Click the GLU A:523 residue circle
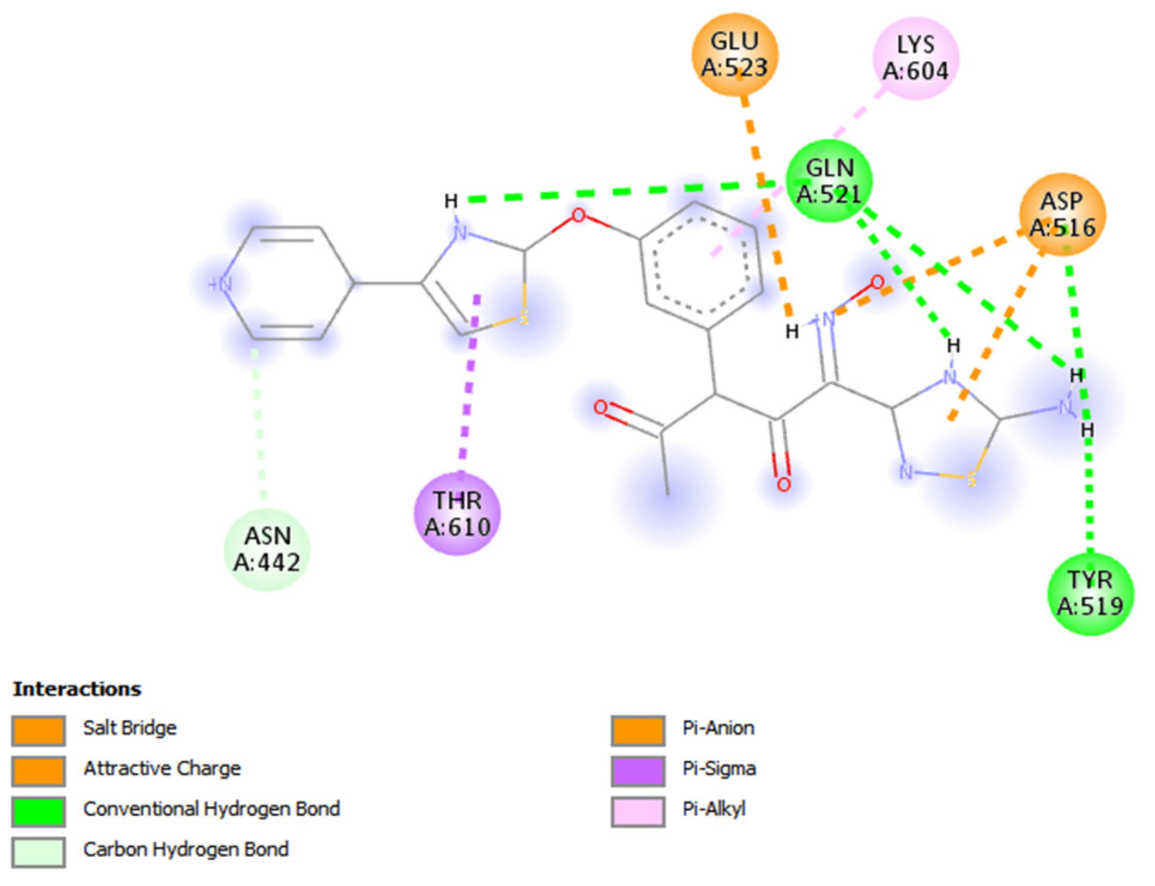point(735,55)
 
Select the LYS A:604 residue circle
point(915,58)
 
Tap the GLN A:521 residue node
point(829,181)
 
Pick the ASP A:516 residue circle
point(1062,214)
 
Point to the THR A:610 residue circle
point(457,514)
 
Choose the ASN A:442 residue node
point(267,550)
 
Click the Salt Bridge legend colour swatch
point(38,730)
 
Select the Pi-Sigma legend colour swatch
point(638,771)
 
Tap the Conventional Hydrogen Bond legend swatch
point(38,811)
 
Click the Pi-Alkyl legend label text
point(714,809)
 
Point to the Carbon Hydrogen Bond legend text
point(186,849)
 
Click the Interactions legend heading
point(77,689)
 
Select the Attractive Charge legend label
point(162,769)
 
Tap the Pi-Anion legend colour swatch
point(638,730)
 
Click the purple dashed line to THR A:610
point(468,389)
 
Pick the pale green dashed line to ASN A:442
point(259,425)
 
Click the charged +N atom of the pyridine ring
point(220,284)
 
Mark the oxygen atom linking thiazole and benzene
point(578,216)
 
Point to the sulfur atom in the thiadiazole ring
point(971,478)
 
